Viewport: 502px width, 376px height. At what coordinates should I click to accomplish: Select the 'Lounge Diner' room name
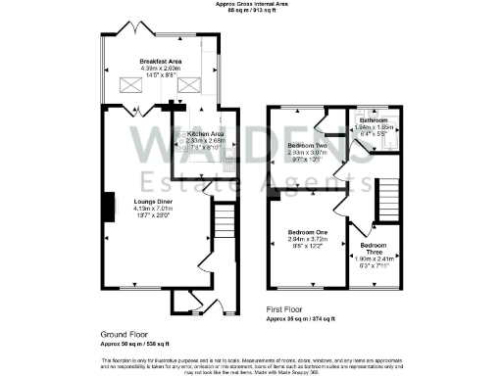[152, 202]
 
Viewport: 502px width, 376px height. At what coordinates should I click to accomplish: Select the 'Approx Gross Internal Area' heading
[251, 5]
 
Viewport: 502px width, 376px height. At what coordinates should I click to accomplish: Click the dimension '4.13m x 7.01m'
[152, 209]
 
